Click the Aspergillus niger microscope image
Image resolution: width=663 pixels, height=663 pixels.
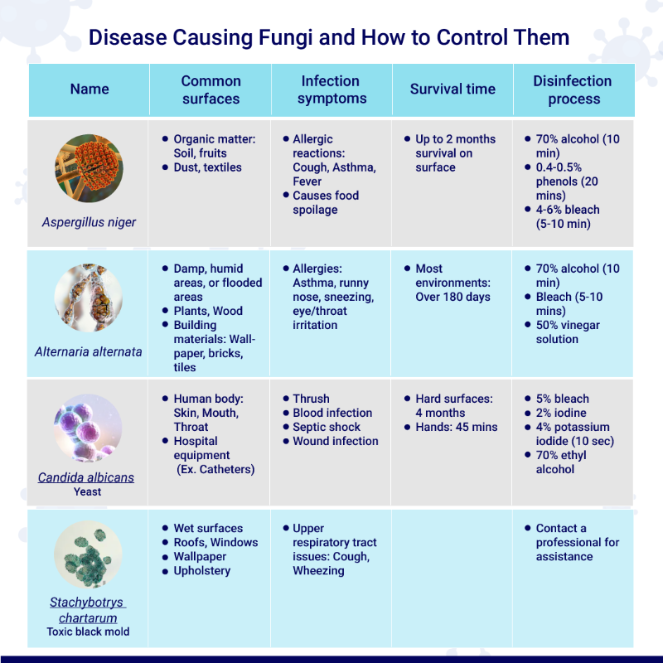click(x=89, y=168)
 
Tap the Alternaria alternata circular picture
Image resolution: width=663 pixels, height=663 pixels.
click(x=89, y=298)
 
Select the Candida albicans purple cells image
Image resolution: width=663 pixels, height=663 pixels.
click(x=88, y=428)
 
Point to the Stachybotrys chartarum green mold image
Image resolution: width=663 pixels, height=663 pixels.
click(x=88, y=554)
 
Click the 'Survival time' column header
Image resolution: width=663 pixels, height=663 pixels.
click(x=452, y=90)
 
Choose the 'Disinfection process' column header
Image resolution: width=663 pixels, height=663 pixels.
click(x=573, y=90)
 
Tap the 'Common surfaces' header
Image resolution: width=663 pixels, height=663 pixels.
click(x=211, y=90)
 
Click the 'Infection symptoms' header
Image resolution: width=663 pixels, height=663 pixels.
click(x=331, y=90)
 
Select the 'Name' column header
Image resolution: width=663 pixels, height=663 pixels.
click(x=90, y=90)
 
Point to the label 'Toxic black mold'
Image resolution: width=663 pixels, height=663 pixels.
click(x=88, y=632)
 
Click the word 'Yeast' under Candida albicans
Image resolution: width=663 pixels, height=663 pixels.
click(x=88, y=491)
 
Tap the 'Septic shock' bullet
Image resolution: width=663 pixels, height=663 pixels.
click(x=327, y=427)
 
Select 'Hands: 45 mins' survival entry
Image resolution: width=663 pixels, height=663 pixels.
click(x=457, y=427)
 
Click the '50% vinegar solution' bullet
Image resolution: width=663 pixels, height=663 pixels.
click(x=568, y=332)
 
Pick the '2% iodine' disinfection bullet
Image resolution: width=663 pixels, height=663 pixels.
click(x=561, y=413)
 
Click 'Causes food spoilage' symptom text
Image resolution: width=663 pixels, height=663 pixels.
click(x=326, y=202)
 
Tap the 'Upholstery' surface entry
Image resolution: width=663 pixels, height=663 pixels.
click(x=202, y=571)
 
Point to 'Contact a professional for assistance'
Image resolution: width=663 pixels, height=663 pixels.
click(x=577, y=543)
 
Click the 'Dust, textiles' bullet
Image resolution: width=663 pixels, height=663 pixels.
click(x=208, y=167)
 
